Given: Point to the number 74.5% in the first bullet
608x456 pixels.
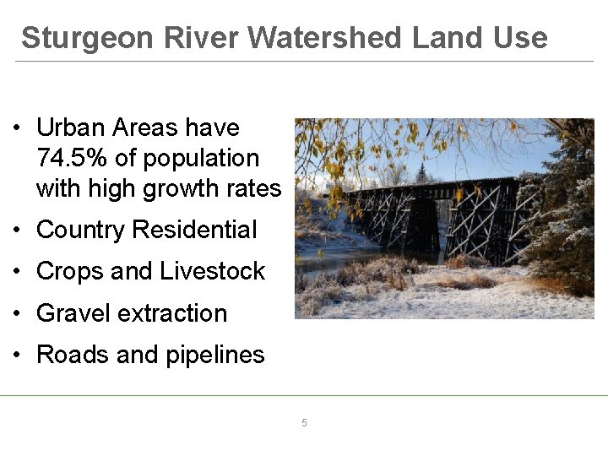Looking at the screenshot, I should (x=70, y=158).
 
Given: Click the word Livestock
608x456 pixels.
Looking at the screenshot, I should (x=212, y=271).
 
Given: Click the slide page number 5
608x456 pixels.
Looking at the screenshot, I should (x=305, y=422).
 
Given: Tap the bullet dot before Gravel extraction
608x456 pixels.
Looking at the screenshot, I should (x=18, y=314).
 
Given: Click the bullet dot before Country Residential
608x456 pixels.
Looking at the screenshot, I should (x=18, y=231).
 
